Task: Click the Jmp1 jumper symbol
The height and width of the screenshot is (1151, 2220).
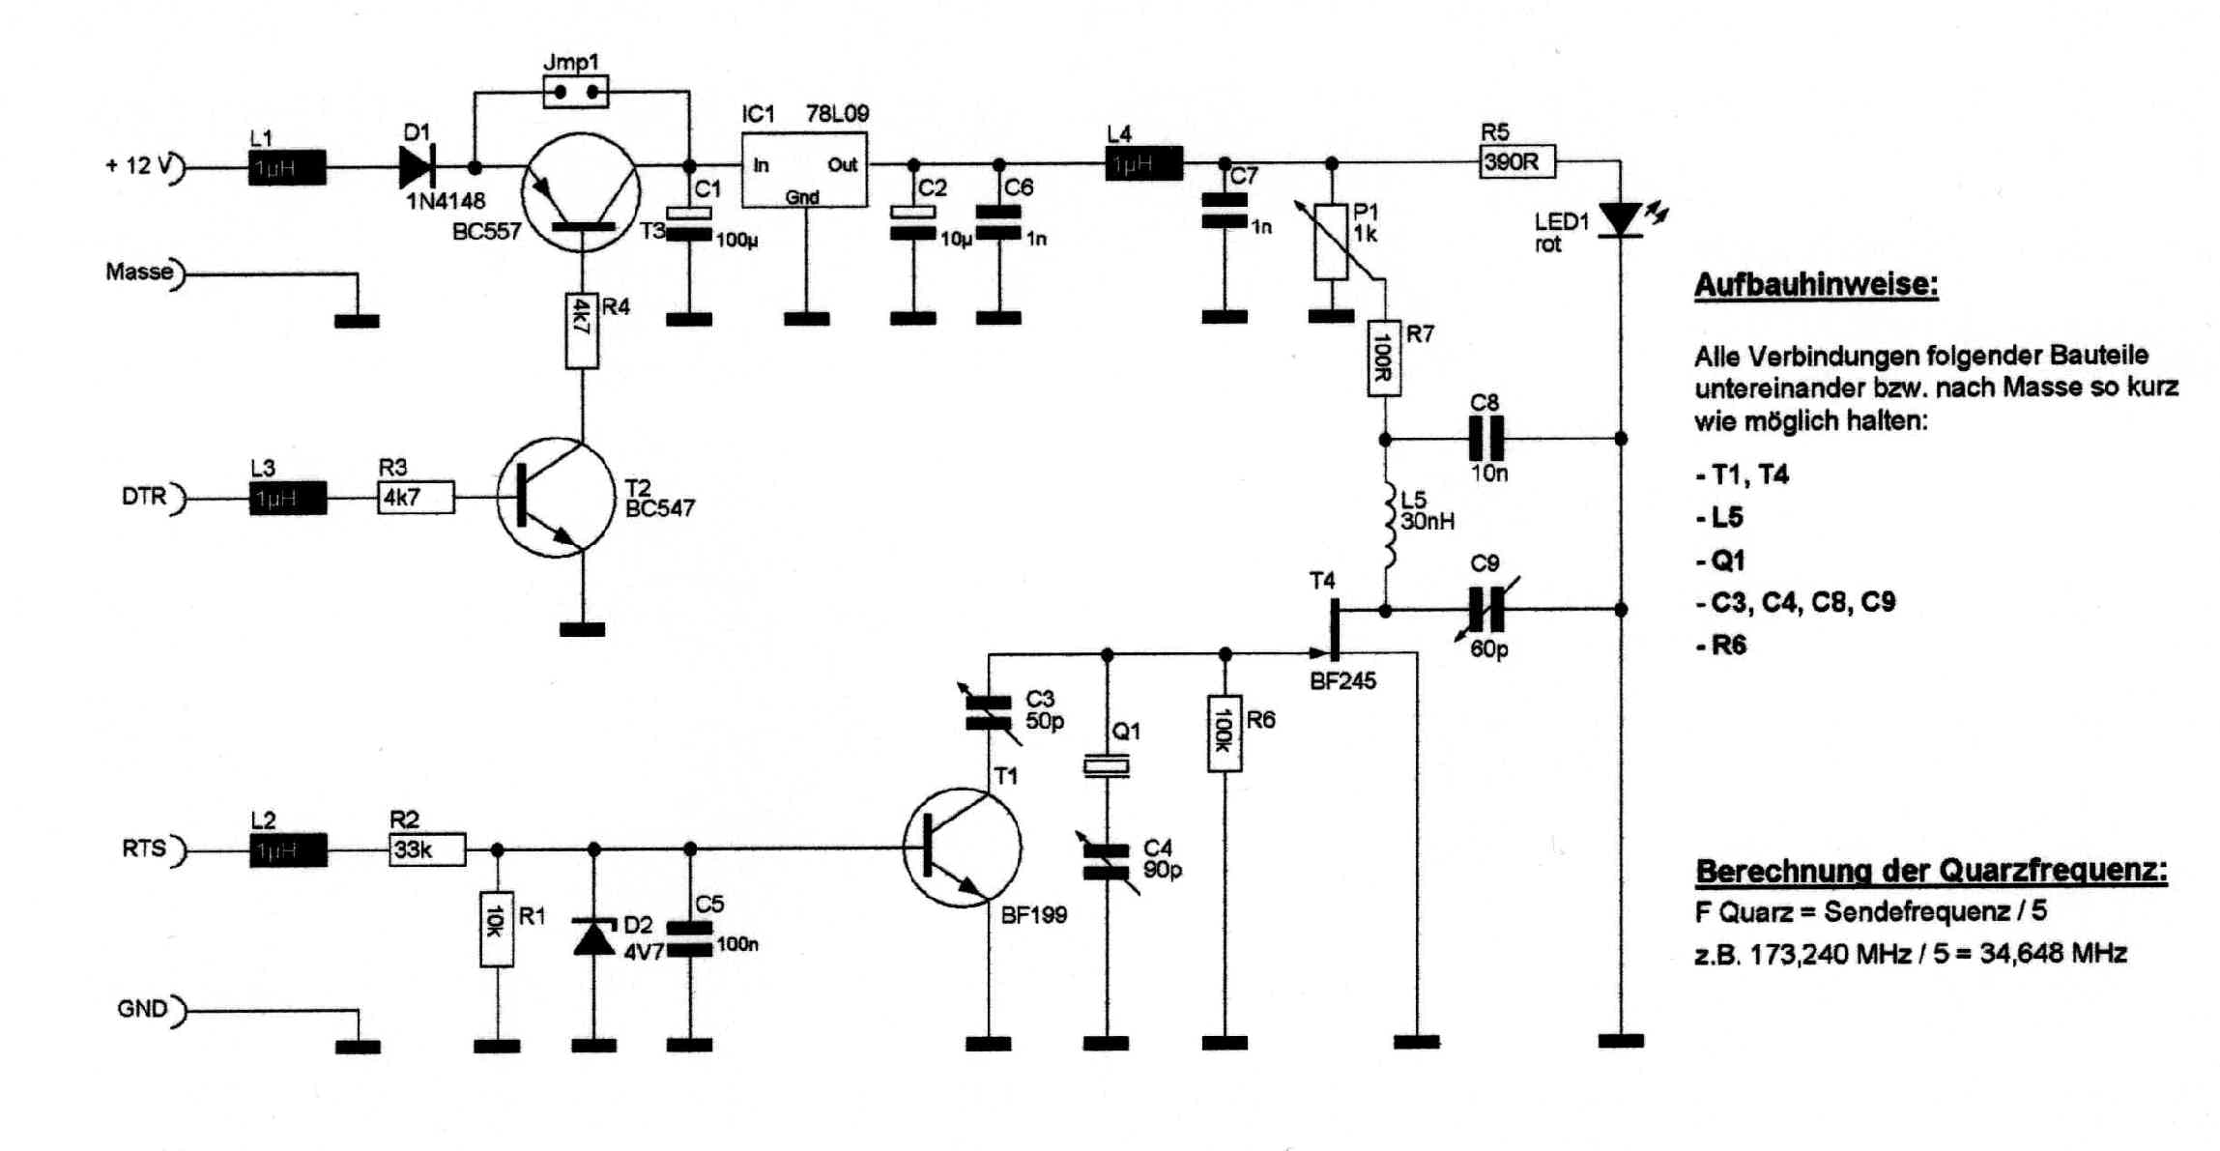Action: (575, 93)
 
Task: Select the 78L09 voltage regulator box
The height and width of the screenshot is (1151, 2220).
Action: (804, 170)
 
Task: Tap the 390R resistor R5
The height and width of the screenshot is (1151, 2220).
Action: (1516, 161)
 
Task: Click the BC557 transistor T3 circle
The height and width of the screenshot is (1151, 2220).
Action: (581, 192)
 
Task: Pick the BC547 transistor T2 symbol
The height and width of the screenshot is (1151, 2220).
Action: (555, 497)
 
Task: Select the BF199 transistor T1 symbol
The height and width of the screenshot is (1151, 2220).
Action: (962, 848)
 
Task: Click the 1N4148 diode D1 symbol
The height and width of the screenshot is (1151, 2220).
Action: (418, 167)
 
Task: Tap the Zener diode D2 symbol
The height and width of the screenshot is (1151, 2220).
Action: (594, 936)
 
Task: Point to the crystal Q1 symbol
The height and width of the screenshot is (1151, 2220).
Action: (1107, 766)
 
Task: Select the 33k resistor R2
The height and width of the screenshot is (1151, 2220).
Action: (427, 849)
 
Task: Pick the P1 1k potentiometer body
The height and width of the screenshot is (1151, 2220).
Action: (1331, 242)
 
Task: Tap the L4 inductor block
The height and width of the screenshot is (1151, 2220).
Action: (1143, 164)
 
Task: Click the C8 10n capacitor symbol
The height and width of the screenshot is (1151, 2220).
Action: (1485, 439)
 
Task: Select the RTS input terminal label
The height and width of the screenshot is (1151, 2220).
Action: (143, 849)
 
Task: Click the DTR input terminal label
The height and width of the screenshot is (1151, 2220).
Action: (143, 497)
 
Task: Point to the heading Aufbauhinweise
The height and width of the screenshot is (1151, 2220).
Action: (1815, 285)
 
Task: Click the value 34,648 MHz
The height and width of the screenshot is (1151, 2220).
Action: (2053, 954)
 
